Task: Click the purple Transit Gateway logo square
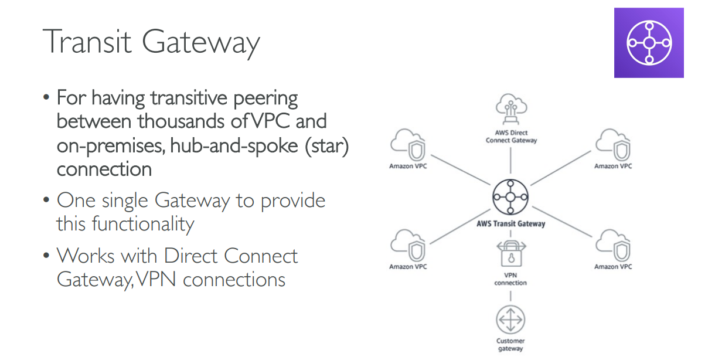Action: coord(649,43)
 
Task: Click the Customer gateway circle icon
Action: coord(510,320)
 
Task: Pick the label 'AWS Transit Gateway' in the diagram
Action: coord(510,223)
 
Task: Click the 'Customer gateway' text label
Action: coord(510,345)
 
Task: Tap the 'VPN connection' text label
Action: coord(510,279)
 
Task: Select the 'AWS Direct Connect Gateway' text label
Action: coord(510,137)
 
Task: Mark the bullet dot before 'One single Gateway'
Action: coord(46,201)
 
